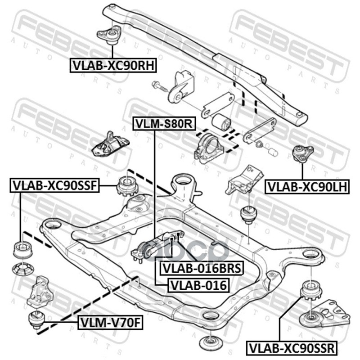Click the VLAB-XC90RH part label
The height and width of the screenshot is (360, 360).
click(113, 65)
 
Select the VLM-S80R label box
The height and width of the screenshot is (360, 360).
click(164, 124)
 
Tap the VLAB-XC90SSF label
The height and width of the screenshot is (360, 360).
click(54, 185)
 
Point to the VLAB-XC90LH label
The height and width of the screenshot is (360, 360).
click(307, 187)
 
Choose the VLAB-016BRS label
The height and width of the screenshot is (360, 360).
click(202, 268)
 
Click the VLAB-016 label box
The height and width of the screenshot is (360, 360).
click(198, 285)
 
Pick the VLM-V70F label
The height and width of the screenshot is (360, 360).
click(110, 322)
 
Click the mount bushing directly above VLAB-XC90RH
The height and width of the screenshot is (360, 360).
click(109, 35)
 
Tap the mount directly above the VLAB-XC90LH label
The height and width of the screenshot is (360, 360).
click(302, 153)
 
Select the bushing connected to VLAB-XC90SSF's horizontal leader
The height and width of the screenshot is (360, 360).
click(127, 185)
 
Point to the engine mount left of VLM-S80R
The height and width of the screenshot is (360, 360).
click(110, 145)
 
